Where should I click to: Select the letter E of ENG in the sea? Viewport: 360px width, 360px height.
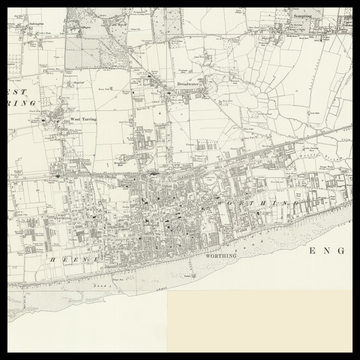(x=313, y=250)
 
